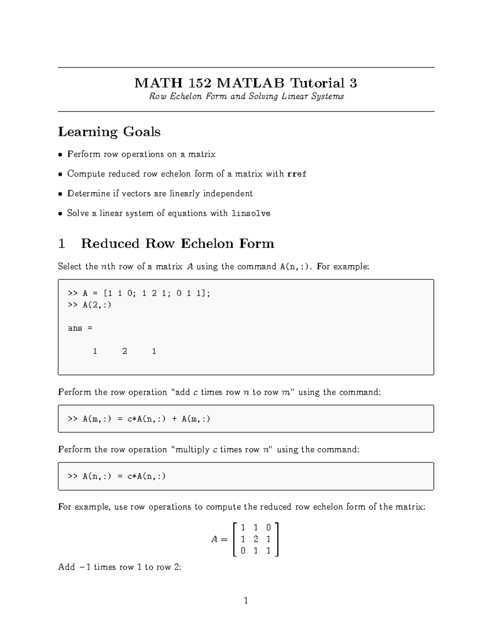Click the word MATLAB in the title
point(250,83)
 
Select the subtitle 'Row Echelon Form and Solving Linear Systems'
point(246,96)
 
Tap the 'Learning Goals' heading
point(109,132)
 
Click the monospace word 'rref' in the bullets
point(296,174)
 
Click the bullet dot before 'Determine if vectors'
point(60,194)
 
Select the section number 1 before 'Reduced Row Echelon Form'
point(62,244)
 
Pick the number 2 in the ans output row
point(125,351)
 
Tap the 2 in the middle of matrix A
point(255,539)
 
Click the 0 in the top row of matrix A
point(268,527)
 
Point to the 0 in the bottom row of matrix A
point(243,551)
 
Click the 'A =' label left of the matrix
point(219,540)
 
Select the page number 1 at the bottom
point(246,601)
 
